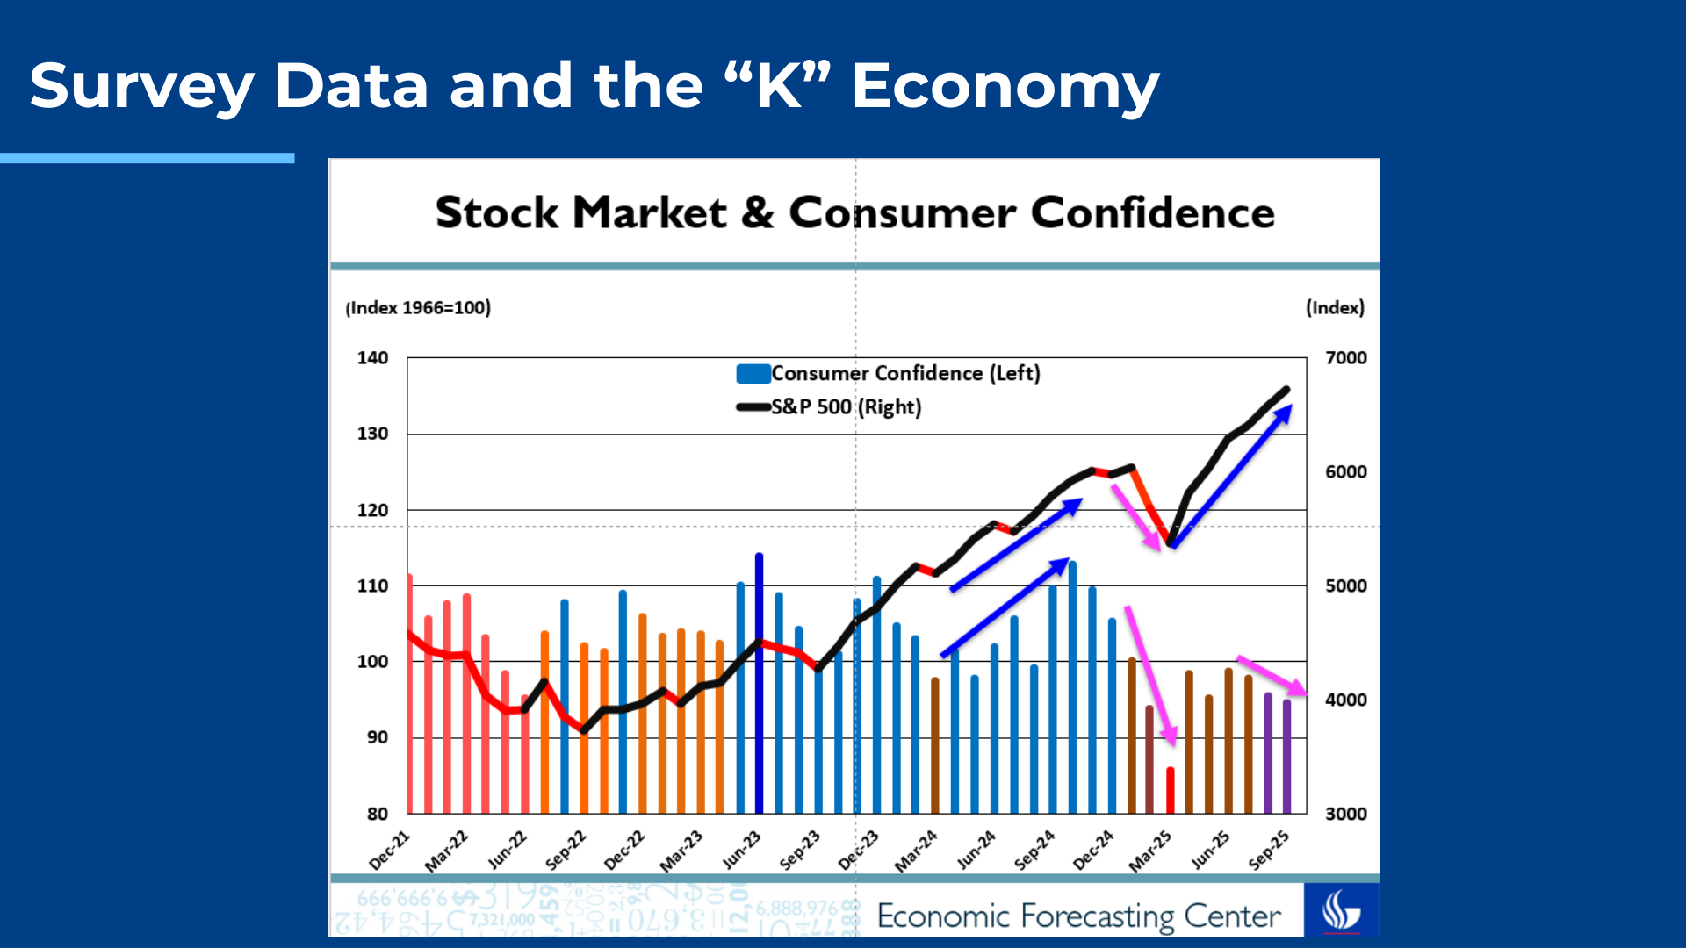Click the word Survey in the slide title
(x=141, y=87)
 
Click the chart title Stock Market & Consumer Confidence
(x=854, y=212)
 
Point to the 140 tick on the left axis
(x=372, y=358)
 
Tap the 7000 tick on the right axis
(x=1345, y=358)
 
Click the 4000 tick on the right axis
(x=1345, y=700)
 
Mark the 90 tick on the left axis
(x=377, y=737)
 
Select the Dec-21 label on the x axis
(x=390, y=850)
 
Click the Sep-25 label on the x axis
(x=1270, y=850)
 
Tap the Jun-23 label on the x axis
(x=742, y=850)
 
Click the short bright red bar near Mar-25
(x=1171, y=790)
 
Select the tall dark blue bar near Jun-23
(x=760, y=685)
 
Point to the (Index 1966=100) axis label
(x=418, y=308)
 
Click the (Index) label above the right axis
(x=1335, y=308)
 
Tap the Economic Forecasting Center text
(x=1078, y=916)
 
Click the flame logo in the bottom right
(x=1341, y=910)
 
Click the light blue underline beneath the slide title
(x=147, y=158)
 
